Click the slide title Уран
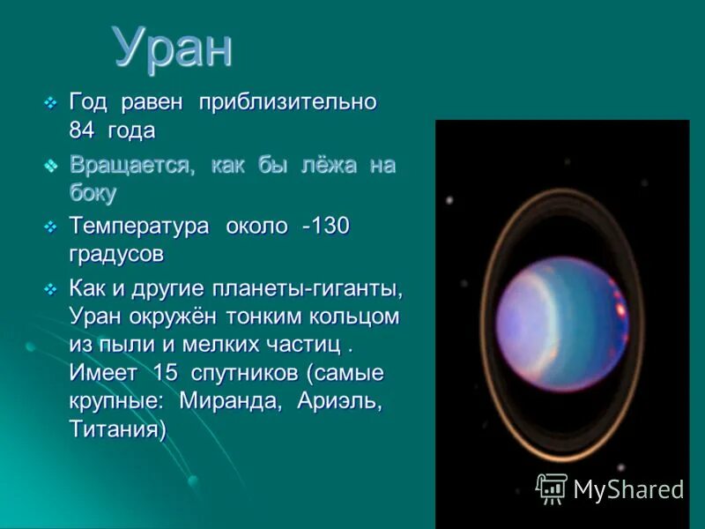(174, 48)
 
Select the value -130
(326, 226)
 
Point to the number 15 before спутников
(165, 372)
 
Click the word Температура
(139, 226)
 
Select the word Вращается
(132, 165)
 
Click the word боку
(93, 193)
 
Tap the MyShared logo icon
(552, 488)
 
